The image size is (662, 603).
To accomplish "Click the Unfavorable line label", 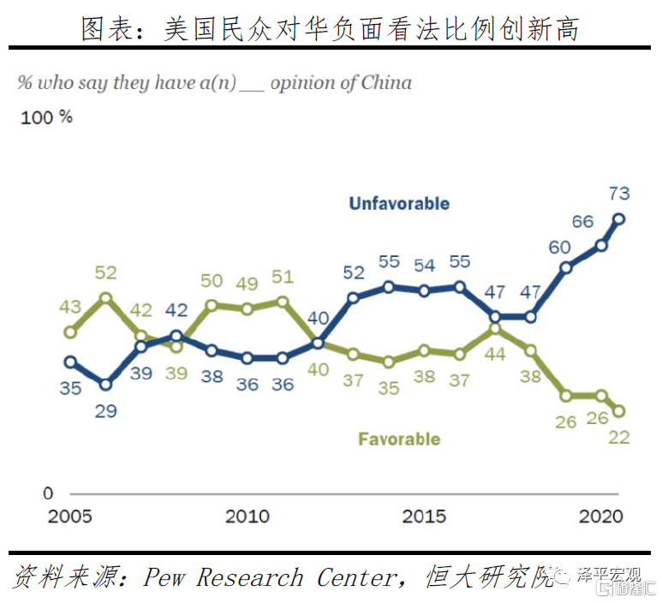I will (x=399, y=204).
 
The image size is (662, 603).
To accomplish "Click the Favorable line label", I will (x=399, y=439).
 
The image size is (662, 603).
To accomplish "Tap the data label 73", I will (x=619, y=194).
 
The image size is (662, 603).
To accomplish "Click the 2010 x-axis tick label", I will (x=247, y=516).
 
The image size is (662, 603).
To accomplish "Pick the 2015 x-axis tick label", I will (x=425, y=516).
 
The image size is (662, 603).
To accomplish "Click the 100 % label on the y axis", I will (x=46, y=117).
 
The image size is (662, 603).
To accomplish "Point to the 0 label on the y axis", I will (x=48, y=493).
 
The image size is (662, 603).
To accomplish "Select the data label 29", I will (x=106, y=411).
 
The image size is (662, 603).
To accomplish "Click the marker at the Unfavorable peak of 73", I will (x=619, y=218).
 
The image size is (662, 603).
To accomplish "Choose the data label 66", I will (x=582, y=222).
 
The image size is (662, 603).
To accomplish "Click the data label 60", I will (x=560, y=248).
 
